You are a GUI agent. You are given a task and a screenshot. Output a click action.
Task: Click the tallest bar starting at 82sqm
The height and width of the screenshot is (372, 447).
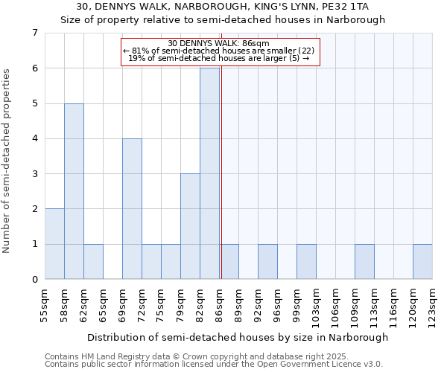[209, 173]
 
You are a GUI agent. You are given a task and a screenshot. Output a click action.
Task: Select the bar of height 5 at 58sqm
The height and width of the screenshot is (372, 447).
[74, 191]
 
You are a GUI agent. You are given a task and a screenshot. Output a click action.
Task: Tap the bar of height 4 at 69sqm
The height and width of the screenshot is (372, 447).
[132, 208]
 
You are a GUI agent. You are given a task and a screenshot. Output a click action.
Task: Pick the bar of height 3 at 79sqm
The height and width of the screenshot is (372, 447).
[190, 226]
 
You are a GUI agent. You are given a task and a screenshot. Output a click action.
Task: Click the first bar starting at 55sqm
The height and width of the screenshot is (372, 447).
[54, 244]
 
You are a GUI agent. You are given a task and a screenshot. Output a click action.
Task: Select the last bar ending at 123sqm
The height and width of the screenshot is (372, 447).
[422, 261]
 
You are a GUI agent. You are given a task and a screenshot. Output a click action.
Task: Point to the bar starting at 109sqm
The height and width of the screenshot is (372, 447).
[364, 261]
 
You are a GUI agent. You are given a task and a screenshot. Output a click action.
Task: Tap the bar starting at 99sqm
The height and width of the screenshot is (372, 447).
[306, 261]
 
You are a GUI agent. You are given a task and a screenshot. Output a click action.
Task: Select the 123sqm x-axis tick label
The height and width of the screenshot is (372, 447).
[432, 305]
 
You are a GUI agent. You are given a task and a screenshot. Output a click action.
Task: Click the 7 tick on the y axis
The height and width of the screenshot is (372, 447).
[34, 33]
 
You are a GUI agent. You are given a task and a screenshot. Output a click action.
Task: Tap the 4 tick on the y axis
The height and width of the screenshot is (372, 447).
[34, 138]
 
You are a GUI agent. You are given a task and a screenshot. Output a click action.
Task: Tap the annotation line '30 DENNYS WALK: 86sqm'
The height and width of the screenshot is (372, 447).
[219, 43]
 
